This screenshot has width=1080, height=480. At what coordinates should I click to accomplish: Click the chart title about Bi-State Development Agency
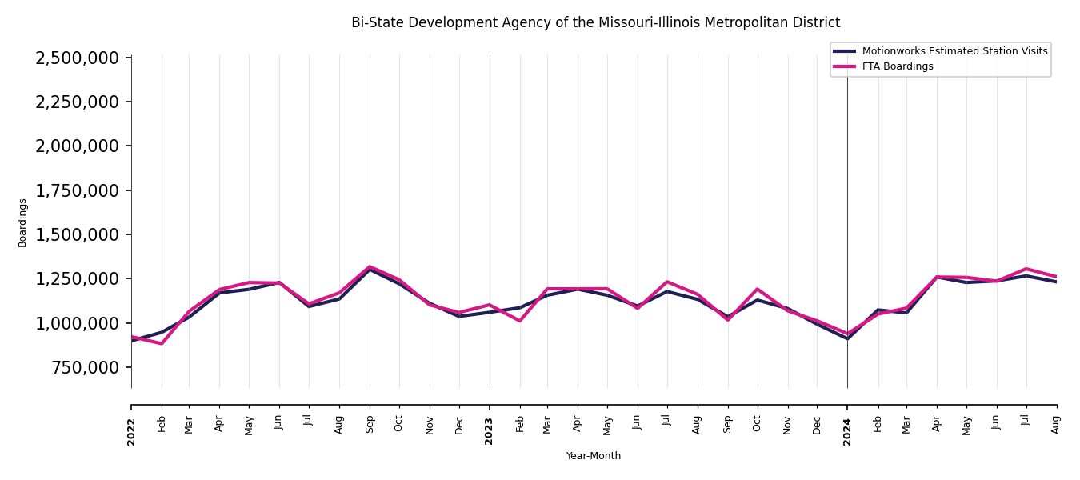click(595, 23)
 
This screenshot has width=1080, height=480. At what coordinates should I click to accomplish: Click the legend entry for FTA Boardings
click(897, 66)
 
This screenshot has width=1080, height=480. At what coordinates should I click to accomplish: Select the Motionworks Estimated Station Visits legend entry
click(954, 51)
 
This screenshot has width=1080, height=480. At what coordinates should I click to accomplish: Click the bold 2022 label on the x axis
click(132, 432)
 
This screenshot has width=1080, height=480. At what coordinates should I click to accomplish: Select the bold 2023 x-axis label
click(490, 432)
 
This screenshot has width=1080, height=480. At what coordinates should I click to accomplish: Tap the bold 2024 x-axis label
click(847, 432)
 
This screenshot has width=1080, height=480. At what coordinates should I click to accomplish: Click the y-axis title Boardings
click(22, 222)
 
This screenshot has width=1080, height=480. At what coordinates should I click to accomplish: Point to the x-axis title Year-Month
click(593, 456)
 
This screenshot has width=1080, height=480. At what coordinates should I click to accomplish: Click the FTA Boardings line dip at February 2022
click(162, 343)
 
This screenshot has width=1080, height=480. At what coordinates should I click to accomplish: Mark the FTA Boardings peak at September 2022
click(370, 266)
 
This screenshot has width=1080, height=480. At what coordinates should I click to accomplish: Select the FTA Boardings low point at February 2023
click(520, 321)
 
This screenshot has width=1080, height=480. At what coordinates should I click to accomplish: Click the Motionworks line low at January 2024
click(847, 338)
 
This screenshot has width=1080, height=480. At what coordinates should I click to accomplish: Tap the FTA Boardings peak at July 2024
click(1026, 269)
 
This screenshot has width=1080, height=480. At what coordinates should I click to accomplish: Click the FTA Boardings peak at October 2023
click(758, 289)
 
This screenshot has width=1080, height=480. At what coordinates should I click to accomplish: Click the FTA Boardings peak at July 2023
click(667, 282)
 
